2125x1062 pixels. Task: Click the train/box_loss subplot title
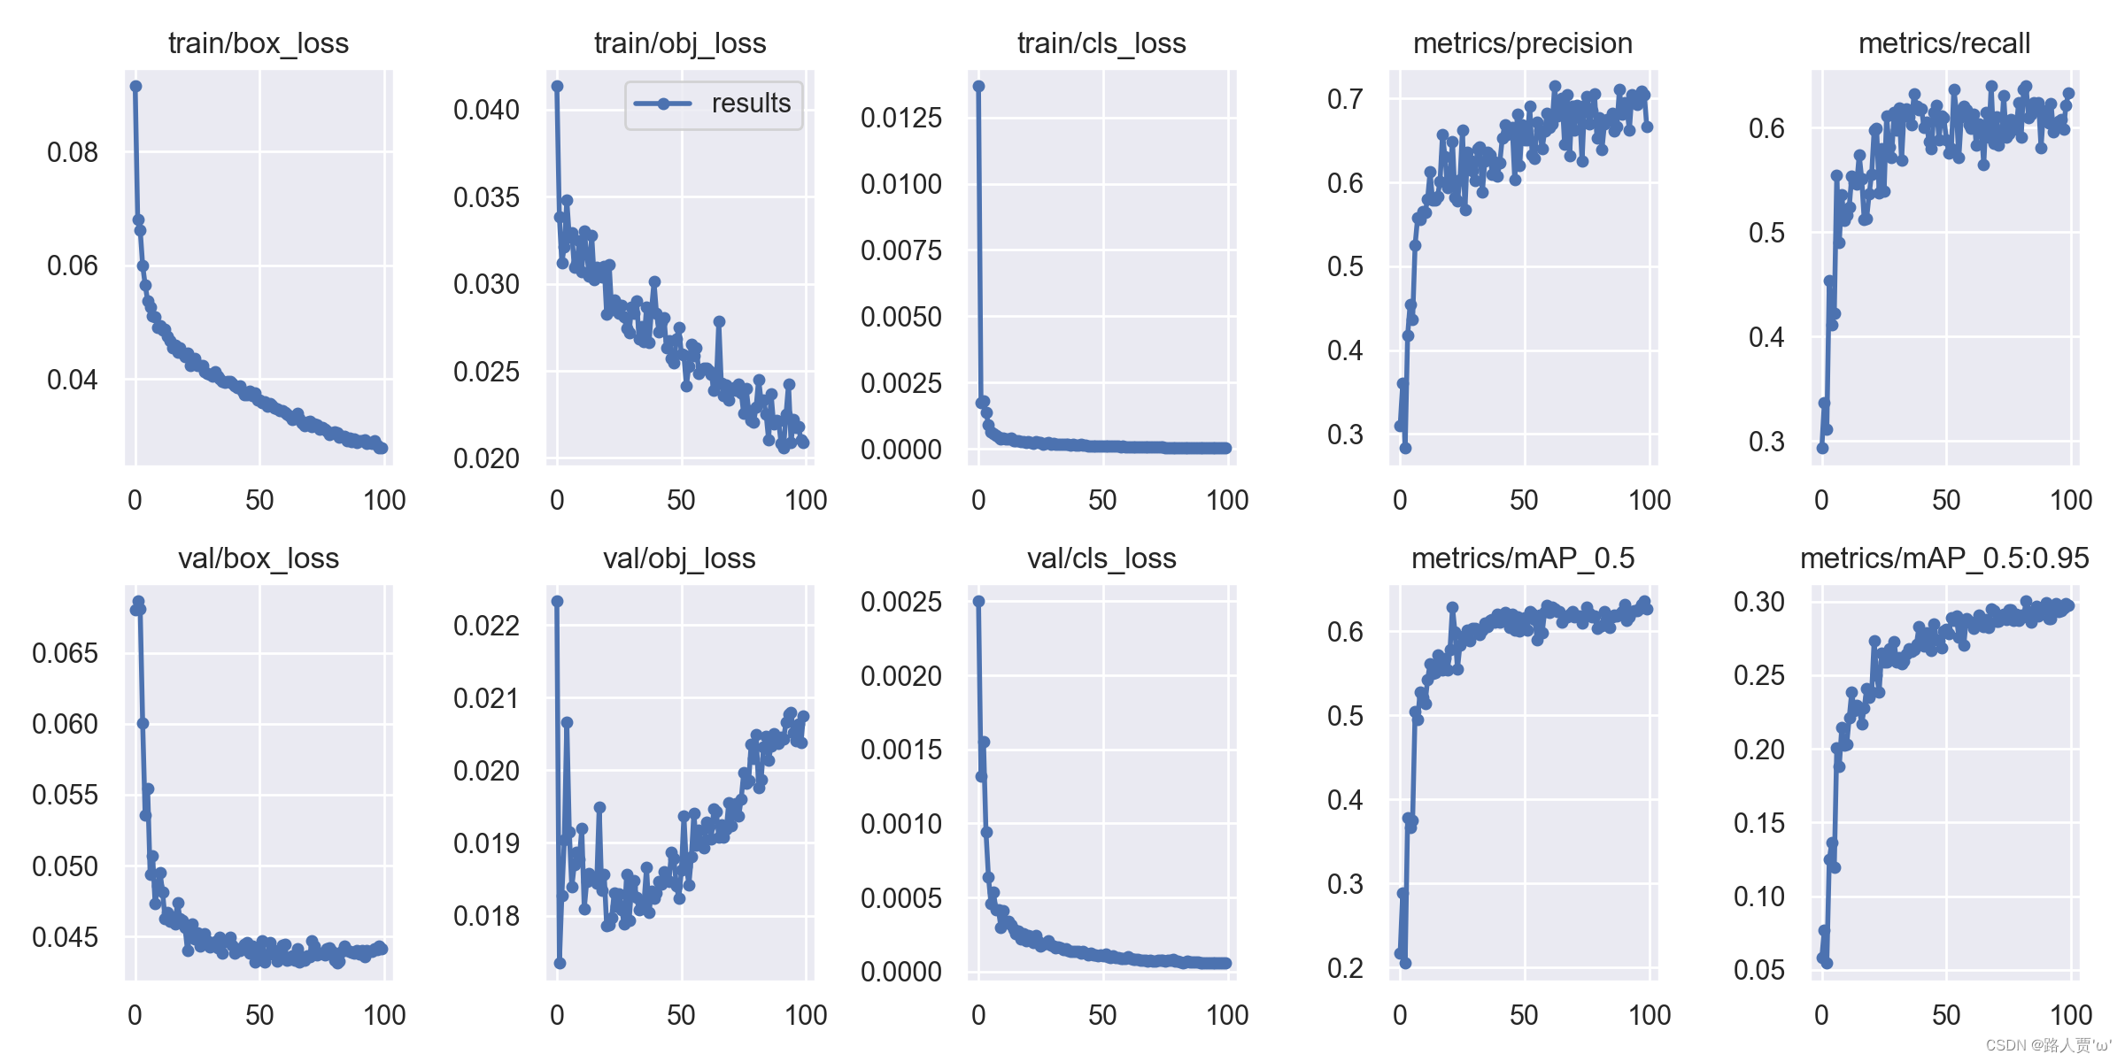tap(259, 43)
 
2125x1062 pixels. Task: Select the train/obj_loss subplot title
tap(679, 43)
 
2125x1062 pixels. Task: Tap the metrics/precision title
tap(1522, 43)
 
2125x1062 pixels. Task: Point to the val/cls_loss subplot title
tap(1101, 558)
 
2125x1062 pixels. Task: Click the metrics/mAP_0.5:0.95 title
tap(1944, 558)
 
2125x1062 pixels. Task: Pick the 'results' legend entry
tap(714, 104)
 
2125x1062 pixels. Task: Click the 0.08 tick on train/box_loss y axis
tap(73, 152)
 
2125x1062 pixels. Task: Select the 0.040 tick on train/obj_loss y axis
tap(486, 110)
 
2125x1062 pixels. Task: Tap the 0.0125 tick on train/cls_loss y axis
tap(900, 118)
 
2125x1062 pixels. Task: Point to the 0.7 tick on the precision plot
tap(1344, 99)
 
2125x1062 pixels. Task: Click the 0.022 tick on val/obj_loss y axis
tap(486, 626)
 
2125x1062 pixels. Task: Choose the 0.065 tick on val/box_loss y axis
tap(65, 653)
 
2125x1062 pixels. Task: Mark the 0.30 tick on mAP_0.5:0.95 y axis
tap(1758, 602)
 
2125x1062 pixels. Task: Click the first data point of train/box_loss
tap(135, 86)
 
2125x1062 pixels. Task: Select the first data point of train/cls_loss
tap(978, 86)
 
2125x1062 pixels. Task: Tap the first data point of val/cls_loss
tap(978, 601)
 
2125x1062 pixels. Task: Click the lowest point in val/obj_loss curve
tap(560, 963)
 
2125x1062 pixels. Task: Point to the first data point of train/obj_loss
tap(557, 86)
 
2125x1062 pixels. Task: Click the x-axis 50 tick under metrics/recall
tap(1945, 500)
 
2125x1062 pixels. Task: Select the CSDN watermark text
tap(2047, 1045)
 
